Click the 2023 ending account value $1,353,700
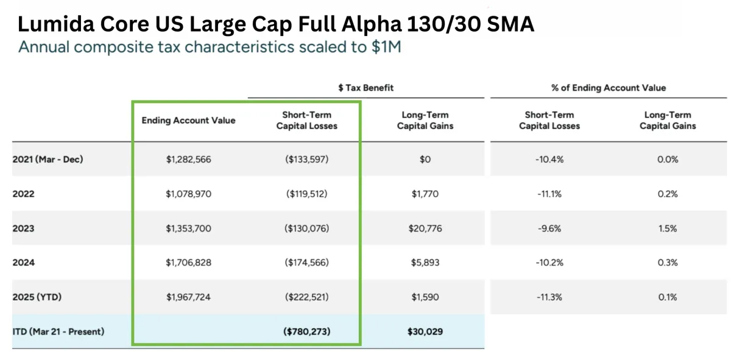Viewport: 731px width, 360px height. (188, 228)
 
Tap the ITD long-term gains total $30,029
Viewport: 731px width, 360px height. (425, 332)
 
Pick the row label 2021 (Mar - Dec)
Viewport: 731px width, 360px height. (48, 160)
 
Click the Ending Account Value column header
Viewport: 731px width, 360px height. (188, 121)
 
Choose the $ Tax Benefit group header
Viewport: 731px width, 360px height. (365, 88)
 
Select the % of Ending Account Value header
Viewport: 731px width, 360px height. (608, 88)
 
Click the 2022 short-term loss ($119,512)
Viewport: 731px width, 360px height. (306, 194)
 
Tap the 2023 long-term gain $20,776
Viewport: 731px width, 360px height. (425, 228)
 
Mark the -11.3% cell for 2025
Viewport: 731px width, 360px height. (549, 297)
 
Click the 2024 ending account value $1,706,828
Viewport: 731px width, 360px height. (188, 263)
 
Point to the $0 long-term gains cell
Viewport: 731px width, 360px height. (425, 160)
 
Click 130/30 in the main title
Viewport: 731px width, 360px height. (435, 24)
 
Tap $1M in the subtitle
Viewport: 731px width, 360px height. (386, 47)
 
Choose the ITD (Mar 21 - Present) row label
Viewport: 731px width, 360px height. (58, 332)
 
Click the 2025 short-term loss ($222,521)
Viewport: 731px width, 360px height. (306, 297)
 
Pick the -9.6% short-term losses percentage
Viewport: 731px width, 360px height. (549, 228)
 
